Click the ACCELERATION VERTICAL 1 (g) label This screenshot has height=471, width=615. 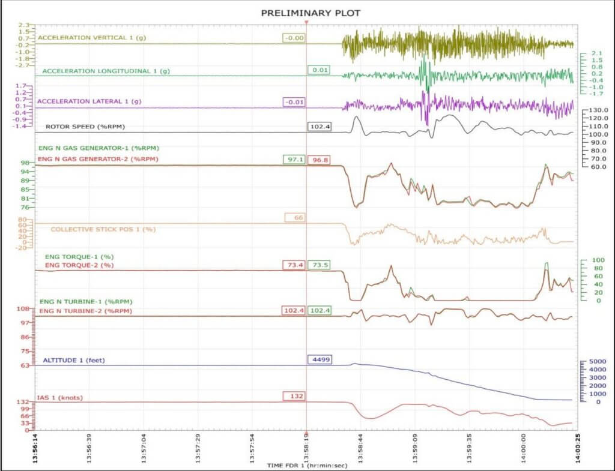(91, 38)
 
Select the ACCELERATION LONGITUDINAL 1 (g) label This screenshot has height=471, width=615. (106, 71)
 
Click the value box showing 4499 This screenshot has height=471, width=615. (320, 359)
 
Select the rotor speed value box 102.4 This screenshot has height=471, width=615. (320, 126)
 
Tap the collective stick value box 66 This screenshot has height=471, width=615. (298, 218)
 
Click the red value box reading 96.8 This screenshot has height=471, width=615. (320, 160)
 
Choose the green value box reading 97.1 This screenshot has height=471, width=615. (294, 160)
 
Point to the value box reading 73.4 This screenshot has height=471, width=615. (294, 265)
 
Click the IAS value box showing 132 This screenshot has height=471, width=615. (294, 396)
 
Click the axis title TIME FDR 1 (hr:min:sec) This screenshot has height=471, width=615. (307, 465)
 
